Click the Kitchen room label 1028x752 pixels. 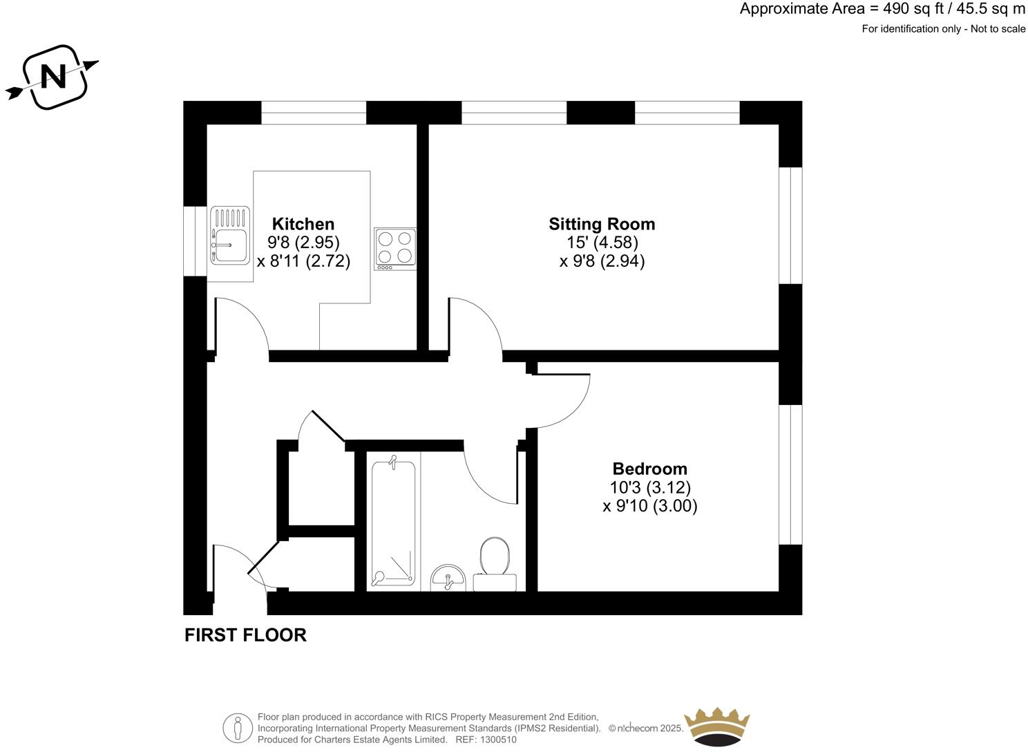[303, 224]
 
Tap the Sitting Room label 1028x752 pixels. [602, 224]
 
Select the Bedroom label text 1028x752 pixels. [649, 469]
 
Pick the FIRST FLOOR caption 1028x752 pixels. [245, 635]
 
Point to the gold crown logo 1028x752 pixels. [716, 726]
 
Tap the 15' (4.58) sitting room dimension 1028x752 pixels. [602, 243]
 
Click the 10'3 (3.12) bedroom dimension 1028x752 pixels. [649, 487]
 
